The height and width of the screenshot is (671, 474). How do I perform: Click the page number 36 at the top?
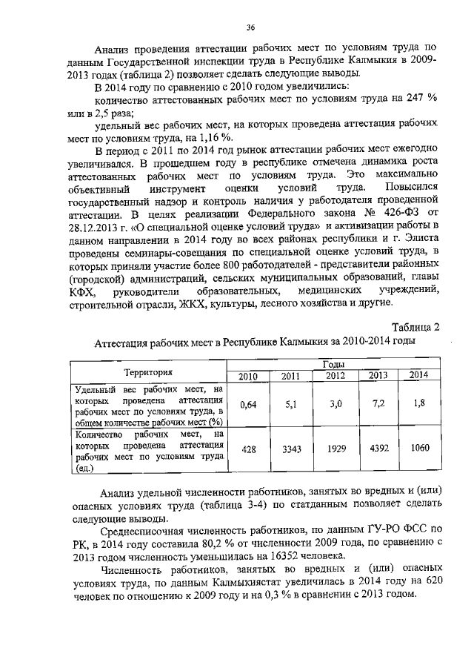tap(250, 28)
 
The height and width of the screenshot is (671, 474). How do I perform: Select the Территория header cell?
tap(148, 371)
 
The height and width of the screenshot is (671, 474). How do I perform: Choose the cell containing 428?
tap(248, 450)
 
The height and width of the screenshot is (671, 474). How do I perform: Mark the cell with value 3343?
tap(291, 450)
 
